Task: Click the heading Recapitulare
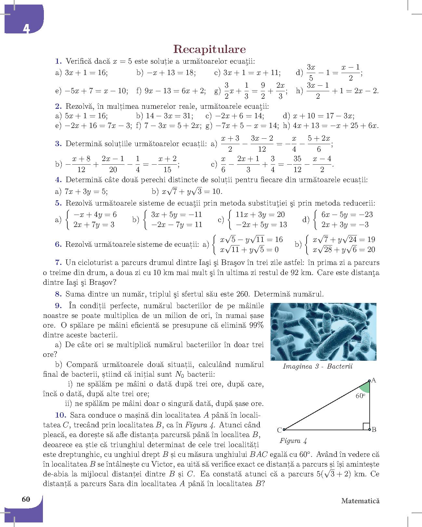click(x=209, y=49)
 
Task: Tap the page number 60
click(x=26, y=499)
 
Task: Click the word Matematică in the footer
click(x=360, y=501)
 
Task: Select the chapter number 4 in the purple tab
click(x=26, y=29)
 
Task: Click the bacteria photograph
click(x=323, y=332)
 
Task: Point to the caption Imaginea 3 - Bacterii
click(x=318, y=367)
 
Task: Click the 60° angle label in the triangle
click(x=360, y=396)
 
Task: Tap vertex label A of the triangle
click(x=374, y=381)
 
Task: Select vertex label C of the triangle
click(x=279, y=430)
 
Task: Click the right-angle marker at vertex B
click(x=366, y=426)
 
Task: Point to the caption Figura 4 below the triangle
click(x=293, y=441)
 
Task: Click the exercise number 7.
click(x=59, y=262)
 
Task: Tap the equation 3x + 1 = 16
click(x=86, y=73)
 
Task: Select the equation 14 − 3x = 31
click(x=169, y=116)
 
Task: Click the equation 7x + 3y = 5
click(x=86, y=192)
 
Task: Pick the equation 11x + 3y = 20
click(x=260, y=215)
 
